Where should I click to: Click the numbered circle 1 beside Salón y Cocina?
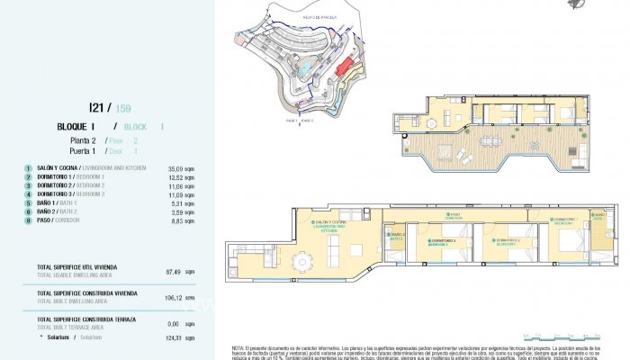[29, 168]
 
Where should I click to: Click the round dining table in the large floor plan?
[298, 262]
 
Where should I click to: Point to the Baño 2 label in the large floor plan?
[397, 236]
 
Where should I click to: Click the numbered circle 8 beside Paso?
[29, 220]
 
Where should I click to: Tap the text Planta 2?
[85, 141]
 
